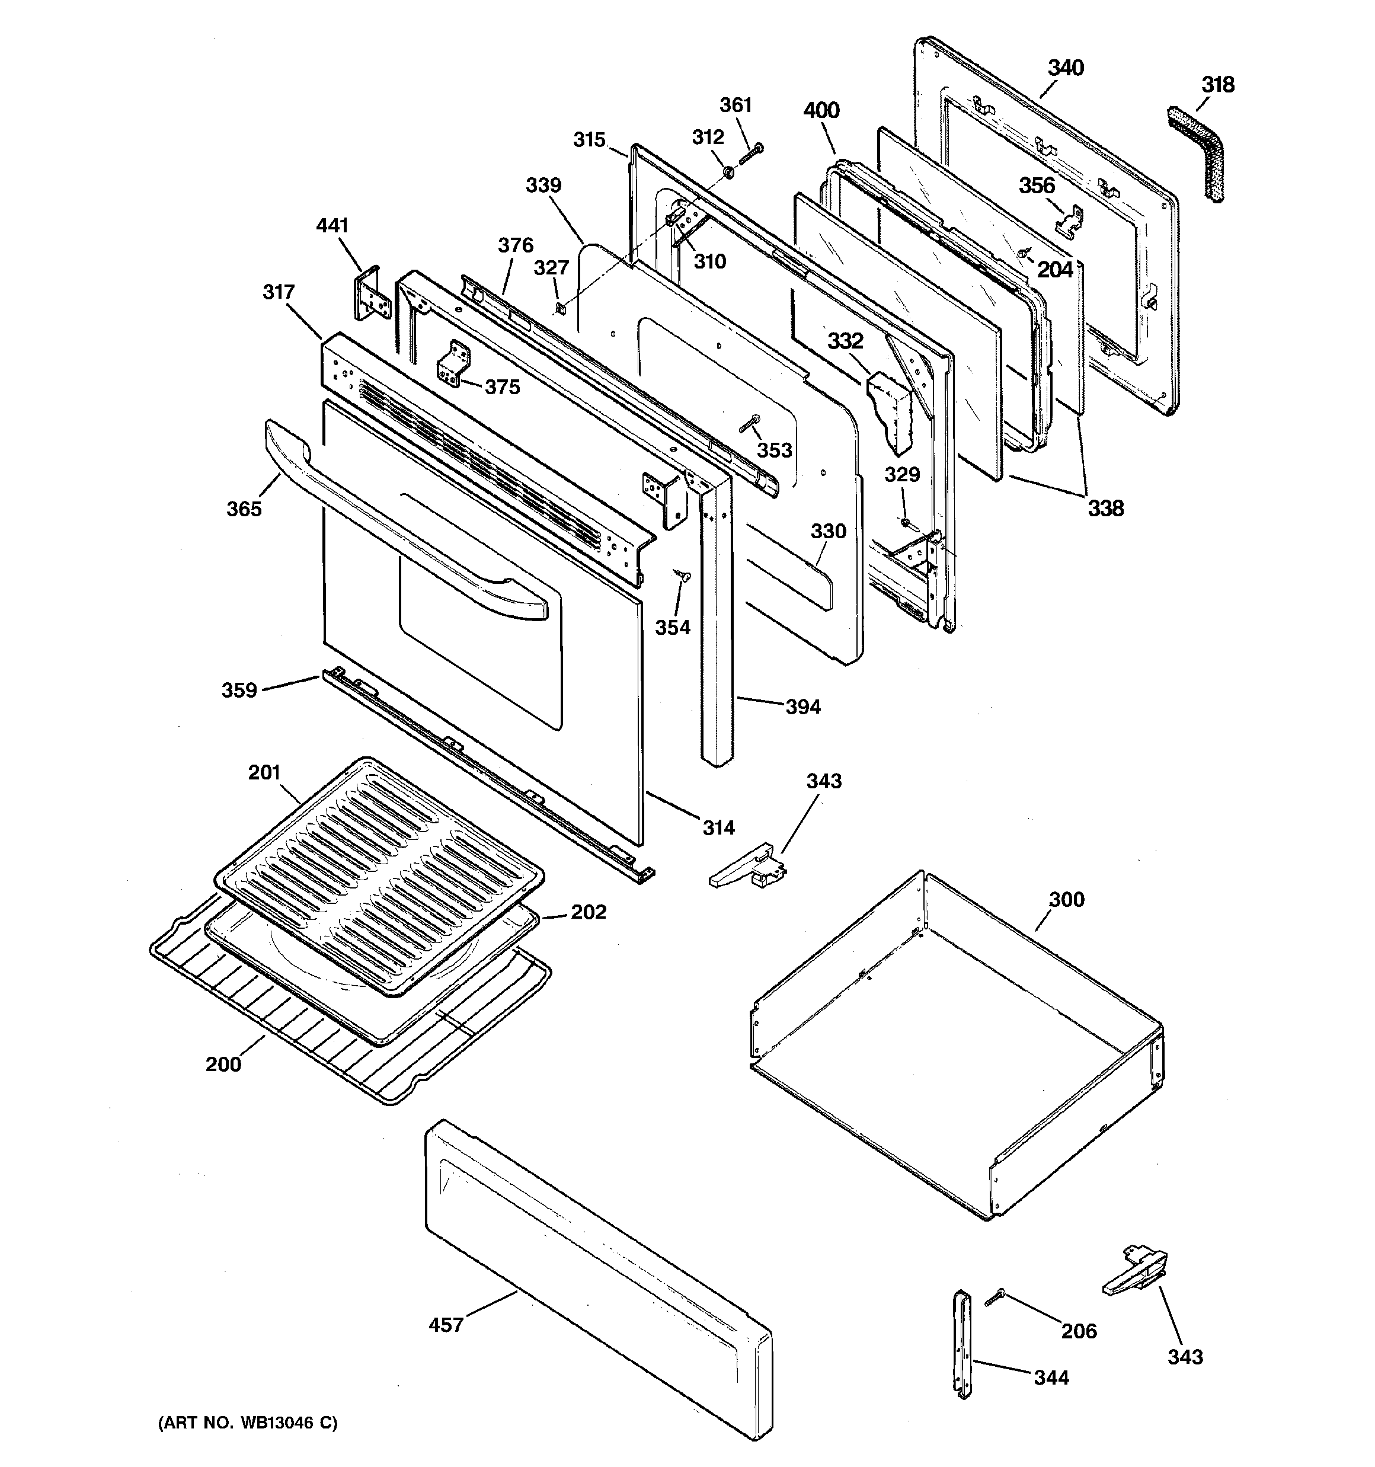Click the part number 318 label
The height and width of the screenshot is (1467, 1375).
click(x=1217, y=85)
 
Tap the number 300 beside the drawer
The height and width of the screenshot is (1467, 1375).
click(x=1066, y=900)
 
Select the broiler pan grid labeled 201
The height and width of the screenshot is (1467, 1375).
click(x=380, y=874)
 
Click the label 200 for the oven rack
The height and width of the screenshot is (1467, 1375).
click(x=223, y=1064)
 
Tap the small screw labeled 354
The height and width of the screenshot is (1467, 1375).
click(x=682, y=575)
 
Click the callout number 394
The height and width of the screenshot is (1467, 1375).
click(x=802, y=707)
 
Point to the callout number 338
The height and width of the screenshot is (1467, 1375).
click(x=1105, y=508)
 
